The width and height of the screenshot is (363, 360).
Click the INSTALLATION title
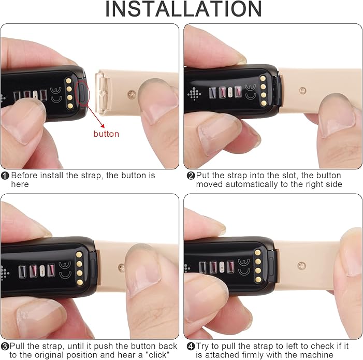click(x=184, y=9)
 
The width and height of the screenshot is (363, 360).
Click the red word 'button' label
click(x=106, y=134)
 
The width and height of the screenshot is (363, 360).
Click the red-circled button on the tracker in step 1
click(x=83, y=94)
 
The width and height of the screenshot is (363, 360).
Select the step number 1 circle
click(x=5, y=176)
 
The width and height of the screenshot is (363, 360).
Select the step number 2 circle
click(x=191, y=176)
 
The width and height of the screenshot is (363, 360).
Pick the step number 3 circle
click(x=5, y=347)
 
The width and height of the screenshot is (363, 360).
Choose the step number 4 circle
click(x=191, y=347)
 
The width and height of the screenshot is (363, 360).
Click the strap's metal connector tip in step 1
click(x=102, y=93)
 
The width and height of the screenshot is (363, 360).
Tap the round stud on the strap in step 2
click(x=302, y=90)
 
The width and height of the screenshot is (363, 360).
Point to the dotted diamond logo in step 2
click(x=194, y=94)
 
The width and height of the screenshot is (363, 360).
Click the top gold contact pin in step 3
click(x=79, y=255)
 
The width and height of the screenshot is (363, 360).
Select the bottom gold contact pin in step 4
click(x=258, y=280)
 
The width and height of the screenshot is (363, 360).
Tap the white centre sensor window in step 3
click(x=42, y=270)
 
